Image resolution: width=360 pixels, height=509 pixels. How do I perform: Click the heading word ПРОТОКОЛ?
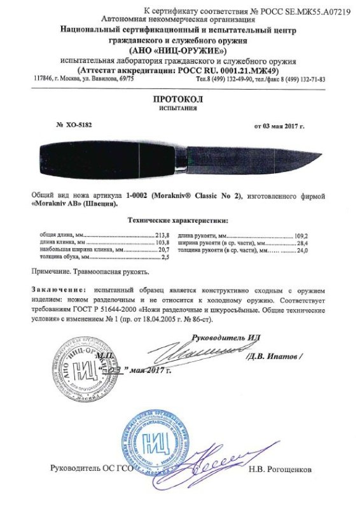click(180, 100)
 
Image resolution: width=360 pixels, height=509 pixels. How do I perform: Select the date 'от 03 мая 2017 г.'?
click(279, 126)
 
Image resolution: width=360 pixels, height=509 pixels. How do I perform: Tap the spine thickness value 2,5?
click(169, 258)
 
